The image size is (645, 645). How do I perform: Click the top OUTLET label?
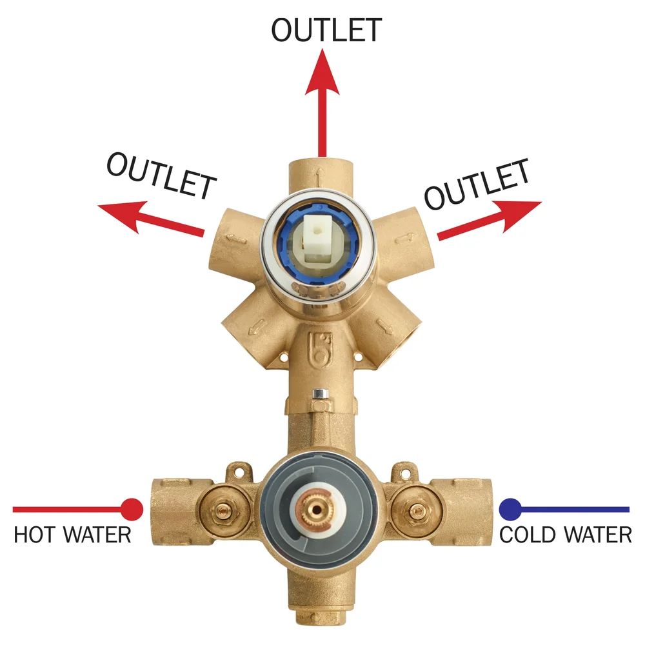click(326, 30)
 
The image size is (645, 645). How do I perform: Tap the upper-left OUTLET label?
click(161, 175)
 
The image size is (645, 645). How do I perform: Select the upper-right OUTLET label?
click(477, 184)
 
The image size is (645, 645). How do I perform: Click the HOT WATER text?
click(72, 535)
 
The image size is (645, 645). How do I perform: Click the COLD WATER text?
click(565, 535)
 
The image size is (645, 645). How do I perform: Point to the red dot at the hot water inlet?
click(132, 510)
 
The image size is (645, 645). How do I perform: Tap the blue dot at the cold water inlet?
click(510, 510)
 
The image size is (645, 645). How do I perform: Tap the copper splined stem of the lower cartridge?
click(316, 510)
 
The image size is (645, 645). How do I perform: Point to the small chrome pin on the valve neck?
click(320, 393)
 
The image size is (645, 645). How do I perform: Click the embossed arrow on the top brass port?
click(320, 177)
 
